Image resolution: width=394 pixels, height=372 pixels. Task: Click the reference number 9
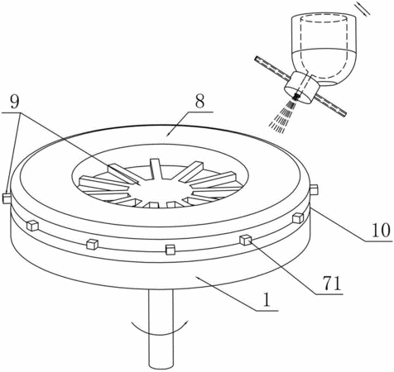[15, 103]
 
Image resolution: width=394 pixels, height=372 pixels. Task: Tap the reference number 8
[199, 102]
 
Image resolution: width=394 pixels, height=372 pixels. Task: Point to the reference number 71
[331, 284]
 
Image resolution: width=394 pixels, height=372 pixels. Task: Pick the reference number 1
[267, 300]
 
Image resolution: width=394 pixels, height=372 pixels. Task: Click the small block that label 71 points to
[245, 240]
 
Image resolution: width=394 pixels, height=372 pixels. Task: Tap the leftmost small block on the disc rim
[7, 198]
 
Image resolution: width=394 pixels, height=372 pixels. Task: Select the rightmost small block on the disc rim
[314, 190]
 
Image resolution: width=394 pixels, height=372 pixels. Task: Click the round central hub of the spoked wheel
[163, 191]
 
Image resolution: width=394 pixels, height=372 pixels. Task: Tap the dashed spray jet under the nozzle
[282, 117]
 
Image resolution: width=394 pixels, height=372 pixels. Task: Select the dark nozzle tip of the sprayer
[296, 97]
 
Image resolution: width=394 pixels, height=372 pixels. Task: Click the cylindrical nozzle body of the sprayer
[301, 88]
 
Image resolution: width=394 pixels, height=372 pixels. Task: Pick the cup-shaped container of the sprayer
[324, 50]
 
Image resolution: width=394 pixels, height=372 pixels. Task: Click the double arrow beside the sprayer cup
[363, 8]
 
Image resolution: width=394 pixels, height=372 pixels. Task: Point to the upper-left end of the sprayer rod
[256, 58]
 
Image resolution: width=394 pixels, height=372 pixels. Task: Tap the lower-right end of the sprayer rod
[344, 113]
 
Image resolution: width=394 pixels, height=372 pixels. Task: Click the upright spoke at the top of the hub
[155, 169]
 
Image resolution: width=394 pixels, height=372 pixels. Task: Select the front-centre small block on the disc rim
[171, 249]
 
